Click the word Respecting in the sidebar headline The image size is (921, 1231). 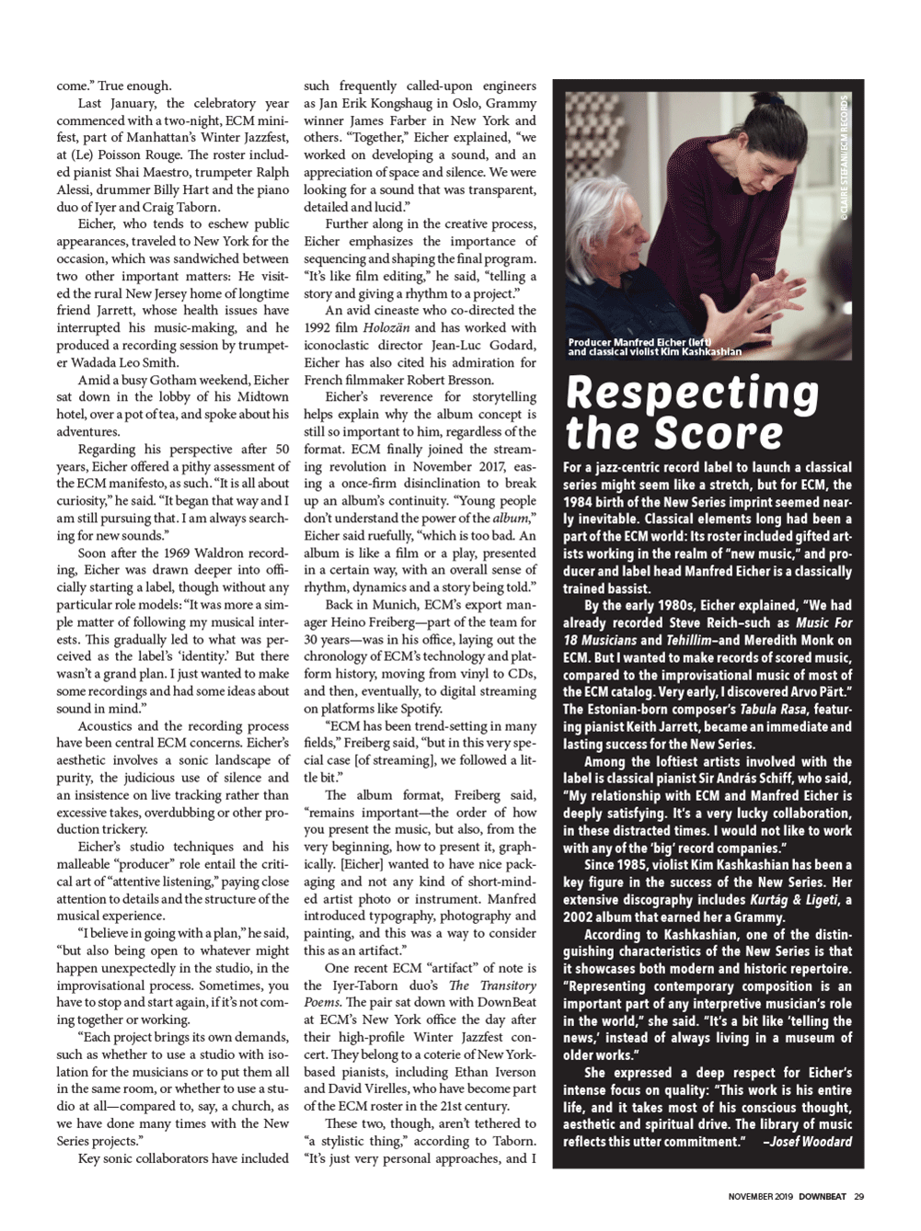pyautogui.click(x=691, y=394)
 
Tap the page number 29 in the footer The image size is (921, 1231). pyautogui.click(x=858, y=1196)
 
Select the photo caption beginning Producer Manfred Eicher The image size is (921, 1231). pyautogui.click(x=653, y=347)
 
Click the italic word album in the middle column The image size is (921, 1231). pyautogui.click(x=512, y=519)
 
